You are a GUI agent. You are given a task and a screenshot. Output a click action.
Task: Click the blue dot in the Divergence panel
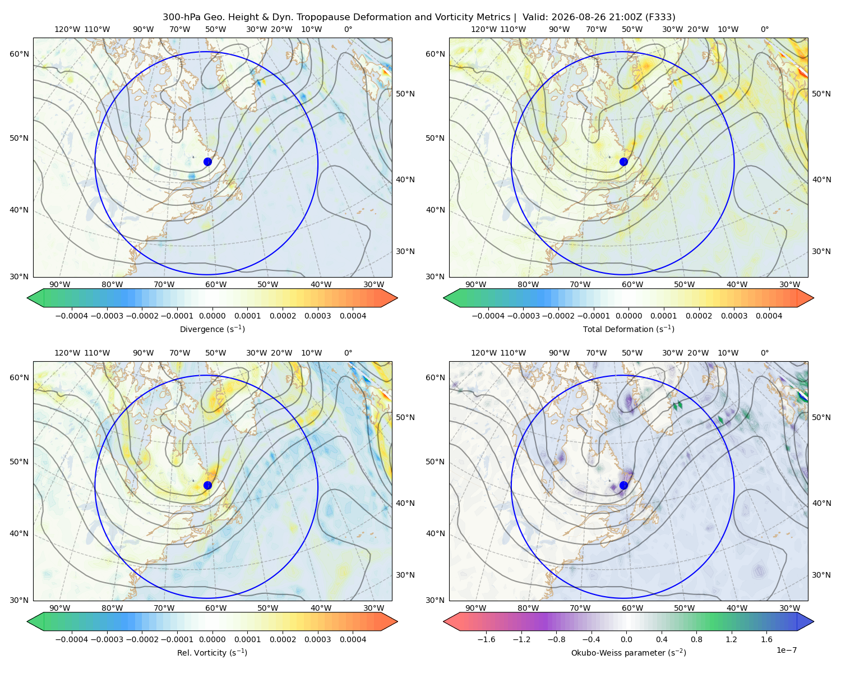point(207,162)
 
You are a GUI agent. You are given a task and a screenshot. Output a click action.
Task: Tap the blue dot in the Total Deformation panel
point(623,162)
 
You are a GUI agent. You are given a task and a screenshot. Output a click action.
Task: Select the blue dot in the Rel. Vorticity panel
point(207,485)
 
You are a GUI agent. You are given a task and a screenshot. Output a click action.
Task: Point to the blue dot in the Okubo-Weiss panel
point(623,485)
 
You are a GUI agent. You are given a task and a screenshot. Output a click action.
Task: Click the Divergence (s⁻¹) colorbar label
point(212,329)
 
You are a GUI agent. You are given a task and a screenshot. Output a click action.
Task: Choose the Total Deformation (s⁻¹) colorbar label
point(629,329)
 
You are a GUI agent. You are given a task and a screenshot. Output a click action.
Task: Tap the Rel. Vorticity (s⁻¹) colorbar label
point(212,652)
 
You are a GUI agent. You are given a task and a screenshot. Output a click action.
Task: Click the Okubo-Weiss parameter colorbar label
point(629,652)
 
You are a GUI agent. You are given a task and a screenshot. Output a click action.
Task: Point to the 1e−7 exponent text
point(786,650)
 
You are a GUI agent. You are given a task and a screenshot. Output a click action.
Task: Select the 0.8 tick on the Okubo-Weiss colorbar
point(696,639)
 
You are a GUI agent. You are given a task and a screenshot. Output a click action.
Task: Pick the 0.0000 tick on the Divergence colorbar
point(212,316)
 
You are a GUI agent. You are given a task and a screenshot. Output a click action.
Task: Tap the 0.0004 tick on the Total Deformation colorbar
point(769,316)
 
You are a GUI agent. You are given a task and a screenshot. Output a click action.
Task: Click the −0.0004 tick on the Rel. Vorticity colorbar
point(72,639)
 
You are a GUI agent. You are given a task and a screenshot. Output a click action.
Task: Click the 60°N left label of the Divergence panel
point(19,54)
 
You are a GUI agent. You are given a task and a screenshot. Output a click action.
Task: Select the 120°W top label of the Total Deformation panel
point(483,29)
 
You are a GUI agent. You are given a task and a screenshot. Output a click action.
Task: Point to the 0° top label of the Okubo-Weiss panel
point(764,352)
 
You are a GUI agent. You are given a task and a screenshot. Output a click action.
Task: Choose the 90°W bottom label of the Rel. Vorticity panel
point(59,608)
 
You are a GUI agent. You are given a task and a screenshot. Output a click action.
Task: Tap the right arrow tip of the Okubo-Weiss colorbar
point(814,621)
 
